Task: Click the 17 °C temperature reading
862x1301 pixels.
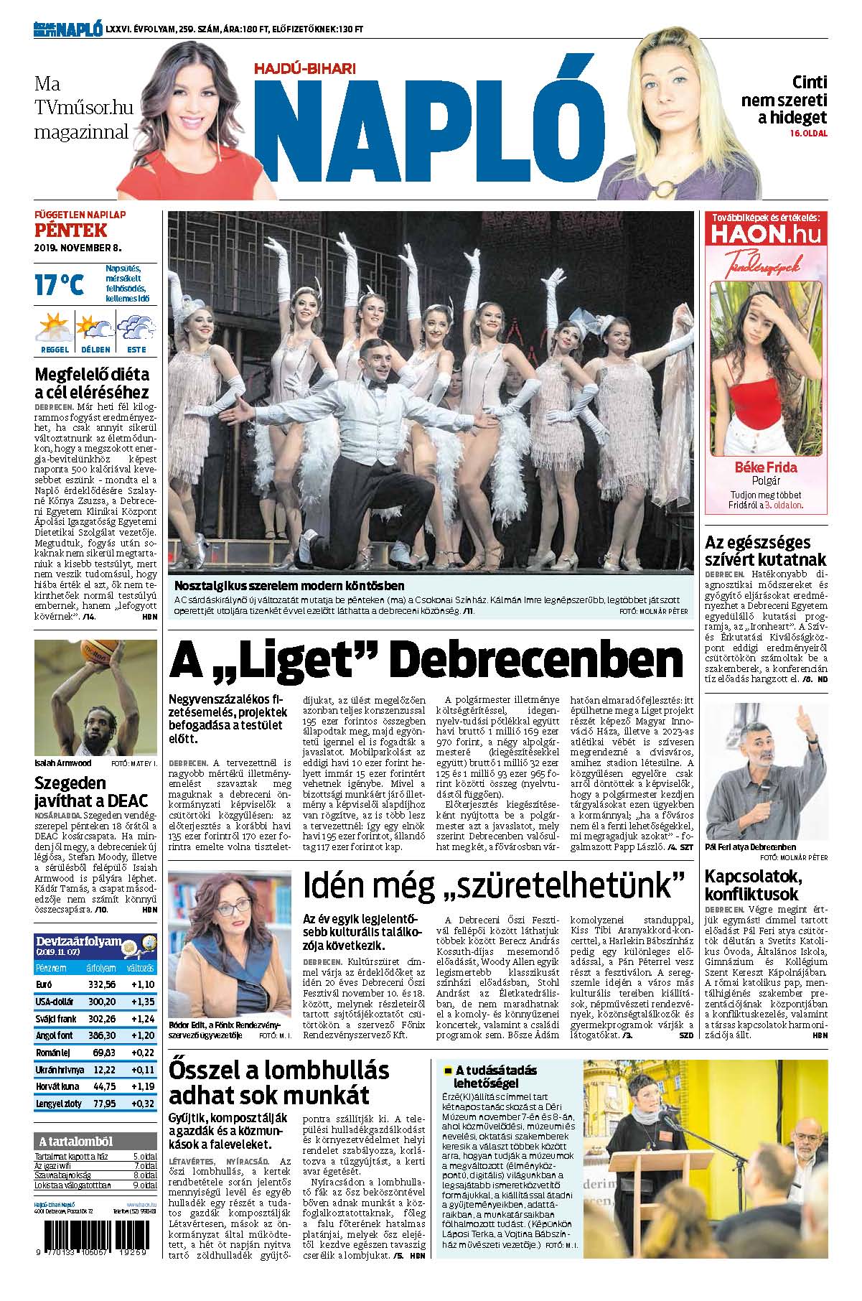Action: [x=60, y=284]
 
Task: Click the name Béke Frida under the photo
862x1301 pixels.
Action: [x=765, y=467]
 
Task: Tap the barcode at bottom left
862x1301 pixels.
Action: [x=95, y=1241]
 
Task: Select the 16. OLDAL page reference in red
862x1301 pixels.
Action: [x=808, y=134]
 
